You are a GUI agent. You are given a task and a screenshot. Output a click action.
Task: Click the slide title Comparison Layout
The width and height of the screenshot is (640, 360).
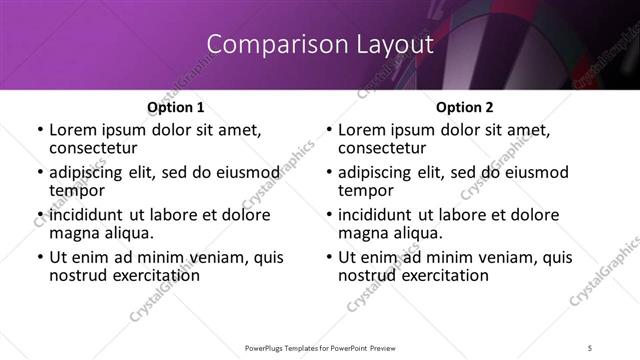pos(320,45)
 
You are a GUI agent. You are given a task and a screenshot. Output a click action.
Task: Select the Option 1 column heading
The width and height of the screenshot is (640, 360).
pos(176,107)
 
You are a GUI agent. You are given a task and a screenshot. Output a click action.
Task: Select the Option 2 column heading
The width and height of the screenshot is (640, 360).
pos(465,107)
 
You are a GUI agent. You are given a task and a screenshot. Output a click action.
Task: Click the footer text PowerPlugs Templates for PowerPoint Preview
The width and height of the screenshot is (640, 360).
pos(320,347)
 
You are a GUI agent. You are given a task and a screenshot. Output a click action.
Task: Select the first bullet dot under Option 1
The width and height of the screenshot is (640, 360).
pos(40,131)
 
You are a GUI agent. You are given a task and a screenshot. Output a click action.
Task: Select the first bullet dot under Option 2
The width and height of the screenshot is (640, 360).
pos(329,131)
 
